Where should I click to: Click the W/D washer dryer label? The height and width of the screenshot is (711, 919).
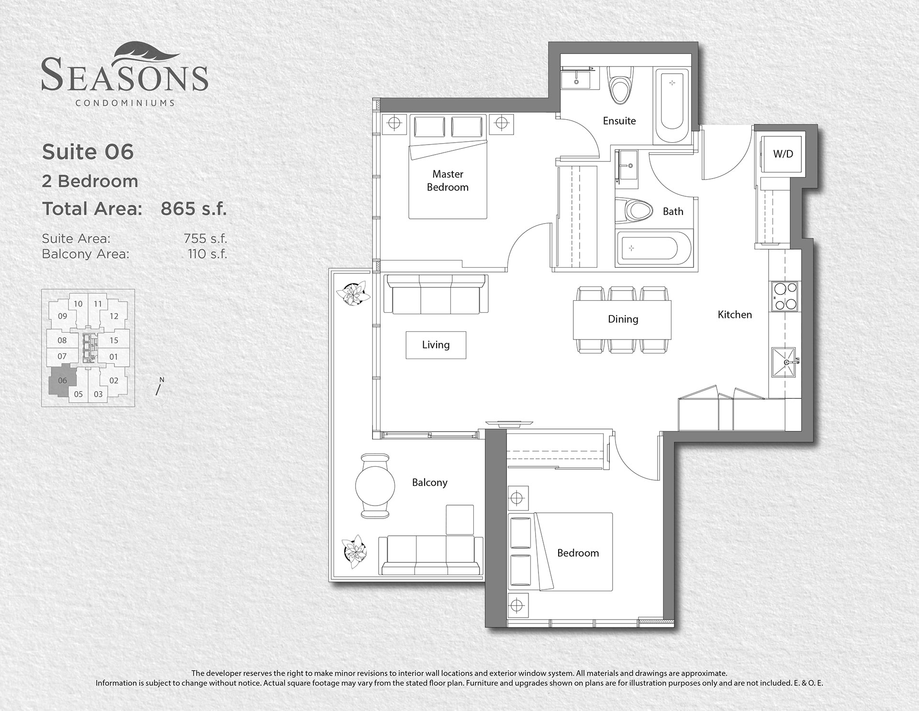[x=783, y=154]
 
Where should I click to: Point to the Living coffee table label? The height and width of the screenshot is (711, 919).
[x=436, y=345]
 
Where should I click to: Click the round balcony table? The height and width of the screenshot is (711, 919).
[x=375, y=485]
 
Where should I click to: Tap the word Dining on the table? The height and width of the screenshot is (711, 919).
[x=623, y=319]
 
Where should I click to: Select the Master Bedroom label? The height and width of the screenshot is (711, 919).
[x=448, y=181]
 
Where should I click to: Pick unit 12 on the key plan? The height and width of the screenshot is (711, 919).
[x=114, y=316]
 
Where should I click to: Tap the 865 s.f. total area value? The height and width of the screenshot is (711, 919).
[x=193, y=209]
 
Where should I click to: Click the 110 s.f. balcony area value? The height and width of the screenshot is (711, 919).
[x=207, y=254]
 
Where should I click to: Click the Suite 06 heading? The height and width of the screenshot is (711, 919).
[x=88, y=152]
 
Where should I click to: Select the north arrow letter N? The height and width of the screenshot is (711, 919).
[x=162, y=380]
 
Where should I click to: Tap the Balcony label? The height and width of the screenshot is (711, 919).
[x=430, y=482]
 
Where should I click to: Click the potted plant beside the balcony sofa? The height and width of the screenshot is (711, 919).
[x=354, y=551]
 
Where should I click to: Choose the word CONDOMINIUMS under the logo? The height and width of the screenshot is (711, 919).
[x=125, y=102]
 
